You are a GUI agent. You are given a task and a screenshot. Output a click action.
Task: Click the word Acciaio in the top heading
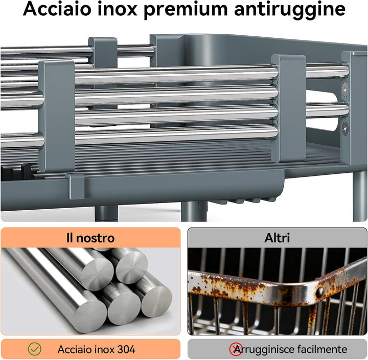pos(57,9)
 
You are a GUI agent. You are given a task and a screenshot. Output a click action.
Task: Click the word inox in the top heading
pos(117,9)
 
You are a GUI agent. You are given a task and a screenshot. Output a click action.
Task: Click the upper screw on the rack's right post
pos(345,89)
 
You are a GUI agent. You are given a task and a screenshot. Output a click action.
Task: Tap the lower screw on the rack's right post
pos(345,129)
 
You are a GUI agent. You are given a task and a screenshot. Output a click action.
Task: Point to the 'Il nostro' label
pos(90,238)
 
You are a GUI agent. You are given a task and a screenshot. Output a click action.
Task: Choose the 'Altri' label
pos(277,238)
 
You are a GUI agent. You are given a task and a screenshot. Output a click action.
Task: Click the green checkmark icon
pos(35,349)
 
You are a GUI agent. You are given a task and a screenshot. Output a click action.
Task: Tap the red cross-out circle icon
pos(236,349)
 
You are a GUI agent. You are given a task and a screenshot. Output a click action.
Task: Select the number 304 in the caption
pos(126,349)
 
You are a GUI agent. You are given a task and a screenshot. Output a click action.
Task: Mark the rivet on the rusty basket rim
pos(320,291)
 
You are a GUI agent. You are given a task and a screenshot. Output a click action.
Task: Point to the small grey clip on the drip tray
pos(75,186)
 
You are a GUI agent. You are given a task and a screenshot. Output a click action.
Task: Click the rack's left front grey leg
pos(106,213)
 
